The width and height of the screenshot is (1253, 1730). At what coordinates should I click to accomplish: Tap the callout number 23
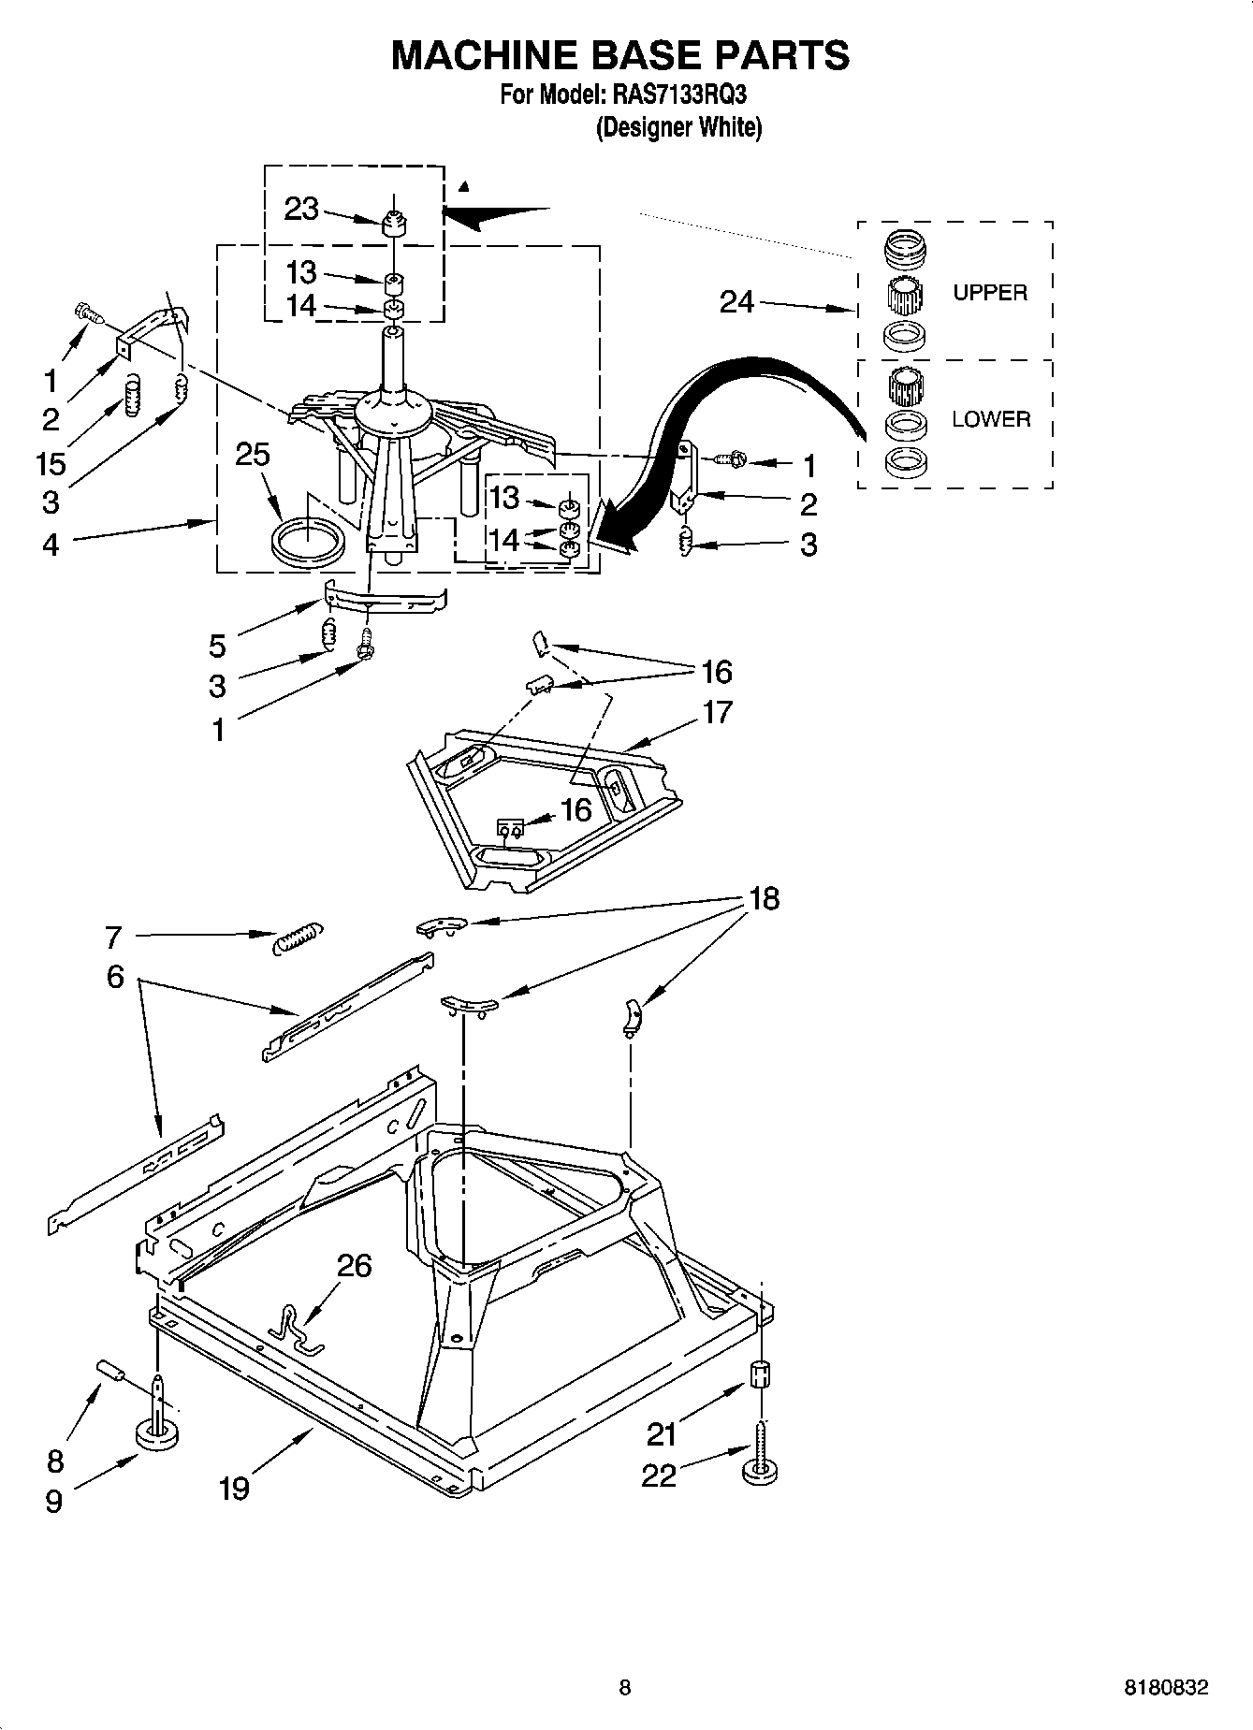point(301,210)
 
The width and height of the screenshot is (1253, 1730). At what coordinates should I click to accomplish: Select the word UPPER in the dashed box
point(990,293)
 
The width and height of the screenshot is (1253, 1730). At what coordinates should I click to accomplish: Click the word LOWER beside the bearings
point(991,419)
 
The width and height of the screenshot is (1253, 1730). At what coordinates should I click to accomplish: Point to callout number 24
point(736,301)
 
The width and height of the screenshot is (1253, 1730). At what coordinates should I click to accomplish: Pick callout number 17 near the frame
point(717,712)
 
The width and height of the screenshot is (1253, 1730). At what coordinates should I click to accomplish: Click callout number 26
point(354,1266)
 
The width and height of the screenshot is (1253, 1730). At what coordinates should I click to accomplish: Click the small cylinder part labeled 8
point(110,1372)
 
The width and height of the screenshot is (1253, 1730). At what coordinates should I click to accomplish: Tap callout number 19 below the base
point(234,1488)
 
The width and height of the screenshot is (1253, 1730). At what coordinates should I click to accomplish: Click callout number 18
point(764,899)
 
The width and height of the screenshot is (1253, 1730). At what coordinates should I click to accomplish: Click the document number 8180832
point(1165,1689)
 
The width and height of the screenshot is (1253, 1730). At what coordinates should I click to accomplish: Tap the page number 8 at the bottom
point(625,1689)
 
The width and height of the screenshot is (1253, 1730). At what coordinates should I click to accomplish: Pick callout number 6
point(114,978)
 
